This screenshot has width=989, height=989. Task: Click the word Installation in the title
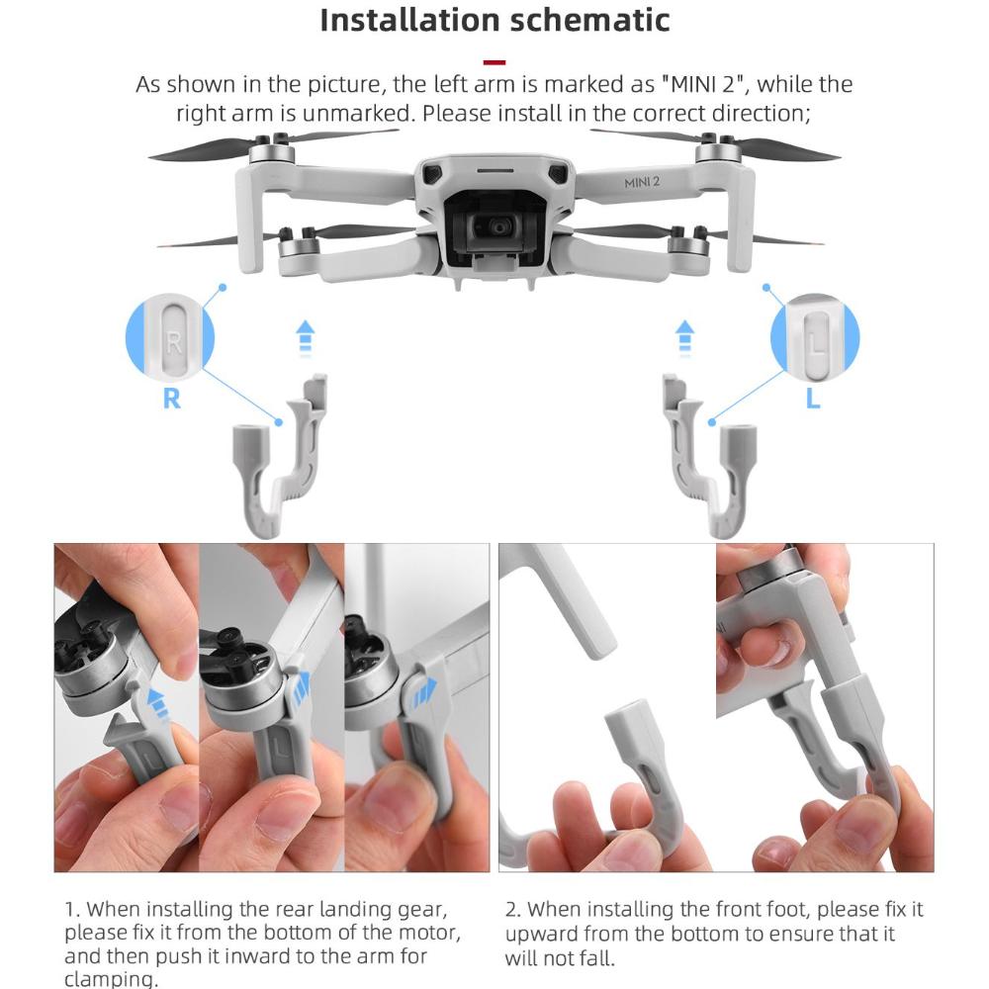410,20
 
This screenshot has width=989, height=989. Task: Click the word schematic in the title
589,20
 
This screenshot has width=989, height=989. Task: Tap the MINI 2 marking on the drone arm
642,182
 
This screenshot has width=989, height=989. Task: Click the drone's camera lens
499,227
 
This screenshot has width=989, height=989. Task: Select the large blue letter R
171,399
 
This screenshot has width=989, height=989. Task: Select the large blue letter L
813,398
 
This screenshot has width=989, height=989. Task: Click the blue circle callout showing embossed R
170,337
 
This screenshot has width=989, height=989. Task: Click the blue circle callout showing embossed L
816,337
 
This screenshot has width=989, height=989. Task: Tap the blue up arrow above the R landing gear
306,338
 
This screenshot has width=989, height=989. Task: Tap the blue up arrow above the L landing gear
685,338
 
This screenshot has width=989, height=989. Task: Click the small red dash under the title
494,61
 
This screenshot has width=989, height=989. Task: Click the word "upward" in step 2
541,934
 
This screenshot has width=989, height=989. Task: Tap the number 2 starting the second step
511,910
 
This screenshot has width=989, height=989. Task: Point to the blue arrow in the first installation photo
157,703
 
